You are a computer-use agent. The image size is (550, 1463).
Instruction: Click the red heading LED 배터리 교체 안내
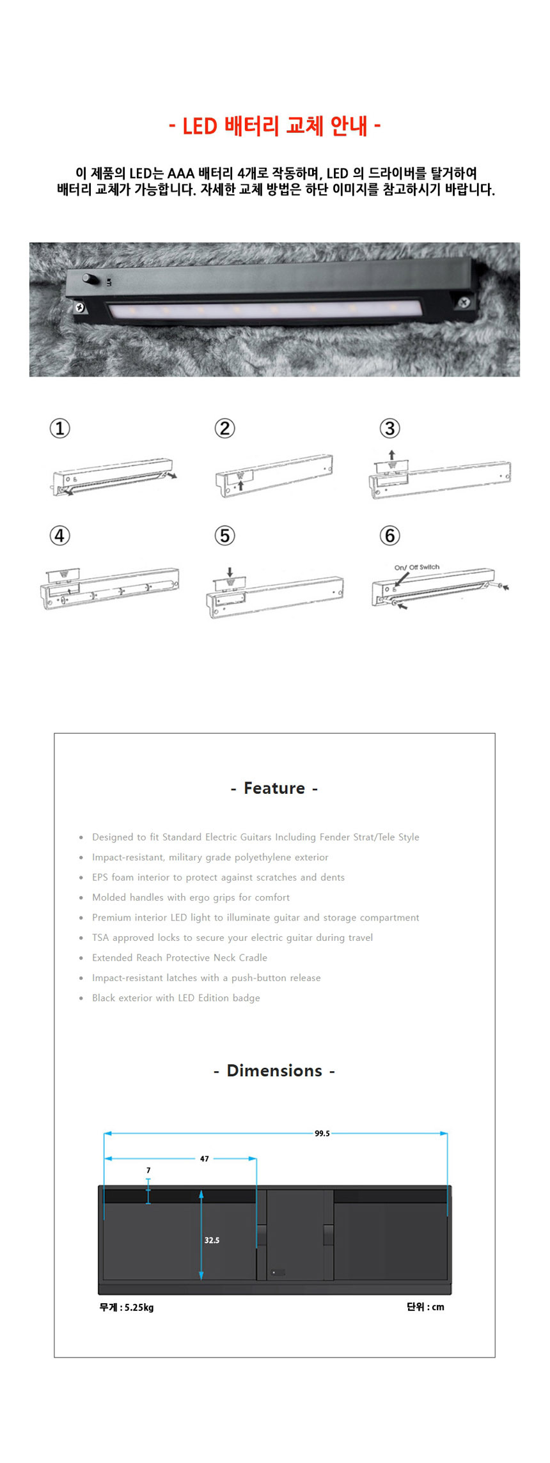tap(275, 126)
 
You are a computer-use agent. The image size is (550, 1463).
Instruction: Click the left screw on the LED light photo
tap(80, 307)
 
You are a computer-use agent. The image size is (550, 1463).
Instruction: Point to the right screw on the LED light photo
tap(464, 302)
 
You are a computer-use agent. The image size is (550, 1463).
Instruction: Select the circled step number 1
tap(60, 428)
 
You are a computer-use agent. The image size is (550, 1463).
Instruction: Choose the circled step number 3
tap(390, 428)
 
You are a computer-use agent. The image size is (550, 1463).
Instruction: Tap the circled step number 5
tap(224, 536)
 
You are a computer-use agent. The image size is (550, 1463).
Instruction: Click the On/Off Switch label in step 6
tap(417, 567)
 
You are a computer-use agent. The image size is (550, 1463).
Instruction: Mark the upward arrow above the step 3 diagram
tap(392, 455)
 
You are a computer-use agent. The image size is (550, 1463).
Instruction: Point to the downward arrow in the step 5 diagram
tap(230, 572)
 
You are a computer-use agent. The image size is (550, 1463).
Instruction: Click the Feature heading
tap(274, 788)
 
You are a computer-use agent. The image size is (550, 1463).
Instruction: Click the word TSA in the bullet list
tap(100, 938)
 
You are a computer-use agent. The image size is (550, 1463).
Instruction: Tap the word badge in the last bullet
tap(246, 998)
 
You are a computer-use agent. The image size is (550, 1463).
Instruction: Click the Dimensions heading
tap(274, 1071)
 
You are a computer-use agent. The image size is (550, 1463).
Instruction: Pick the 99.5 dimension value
tap(322, 1133)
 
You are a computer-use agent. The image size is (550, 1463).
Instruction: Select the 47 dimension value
tap(205, 1159)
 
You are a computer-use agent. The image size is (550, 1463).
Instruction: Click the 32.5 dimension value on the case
tap(212, 1240)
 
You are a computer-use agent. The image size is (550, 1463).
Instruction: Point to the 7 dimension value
tap(148, 1170)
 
